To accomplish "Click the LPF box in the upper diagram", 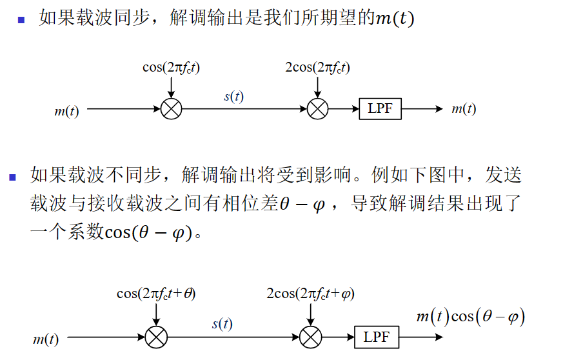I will [x=380, y=109].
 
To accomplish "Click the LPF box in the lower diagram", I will [x=376, y=337].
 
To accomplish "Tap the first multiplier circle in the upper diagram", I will [x=171, y=109].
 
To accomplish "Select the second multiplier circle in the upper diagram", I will [x=317, y=109].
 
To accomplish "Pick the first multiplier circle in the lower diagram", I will [x=156, y=337].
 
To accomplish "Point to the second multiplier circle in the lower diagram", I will [x=311, y=337].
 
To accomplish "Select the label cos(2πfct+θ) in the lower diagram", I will [x=156, y=294].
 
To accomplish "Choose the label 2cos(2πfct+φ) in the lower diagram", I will [x=310, y=294].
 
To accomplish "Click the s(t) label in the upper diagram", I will [x=233, y=97].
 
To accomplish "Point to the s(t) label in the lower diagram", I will [x=222, y=325].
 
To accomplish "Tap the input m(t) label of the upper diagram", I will [x=66, y=111].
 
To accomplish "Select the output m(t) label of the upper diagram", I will [x=464, y=109].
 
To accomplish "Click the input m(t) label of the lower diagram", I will [x=45, y=339].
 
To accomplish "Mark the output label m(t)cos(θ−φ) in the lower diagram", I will [x=469, y=317].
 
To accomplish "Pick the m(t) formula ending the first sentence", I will [x=395, y=19].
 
